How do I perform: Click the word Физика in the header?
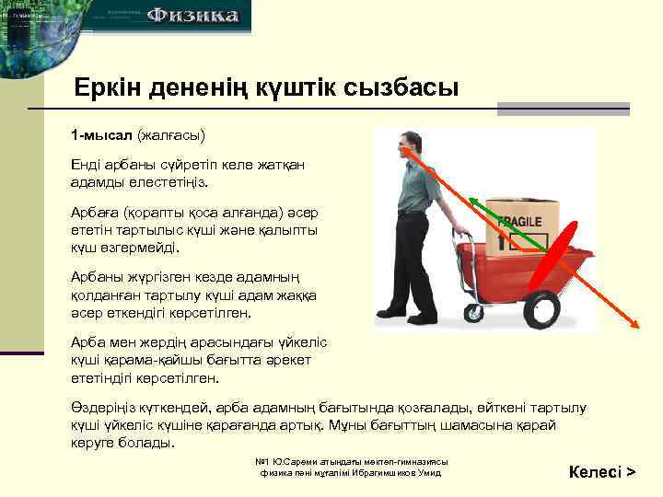point(193,16)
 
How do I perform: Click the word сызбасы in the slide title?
point(401,89)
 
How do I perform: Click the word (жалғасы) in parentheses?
point(170,135)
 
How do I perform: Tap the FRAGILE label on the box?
point(520,221)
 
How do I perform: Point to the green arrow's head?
point(471,198)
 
